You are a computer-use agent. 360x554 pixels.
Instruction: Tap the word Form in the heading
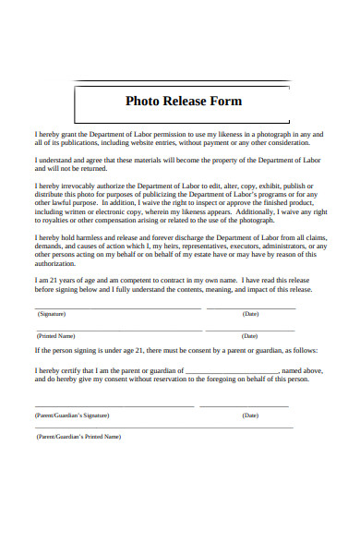pyautogui.click(x=225, y=101)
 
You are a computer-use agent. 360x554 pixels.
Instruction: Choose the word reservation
pyautogui.click(x=174, y=379)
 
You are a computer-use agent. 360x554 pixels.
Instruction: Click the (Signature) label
pyautogui.click(x=51, y=314)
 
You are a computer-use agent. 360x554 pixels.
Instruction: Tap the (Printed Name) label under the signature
pyautogui.click(x=56, y=336)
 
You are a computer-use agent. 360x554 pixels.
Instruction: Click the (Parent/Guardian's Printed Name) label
pyautogui.click(x=78, y=436)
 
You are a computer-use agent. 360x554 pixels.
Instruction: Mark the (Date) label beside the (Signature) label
pyautogui.click(x=250, y=314)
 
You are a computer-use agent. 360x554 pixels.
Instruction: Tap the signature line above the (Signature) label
pyautogui.click(x=117, y=307)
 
